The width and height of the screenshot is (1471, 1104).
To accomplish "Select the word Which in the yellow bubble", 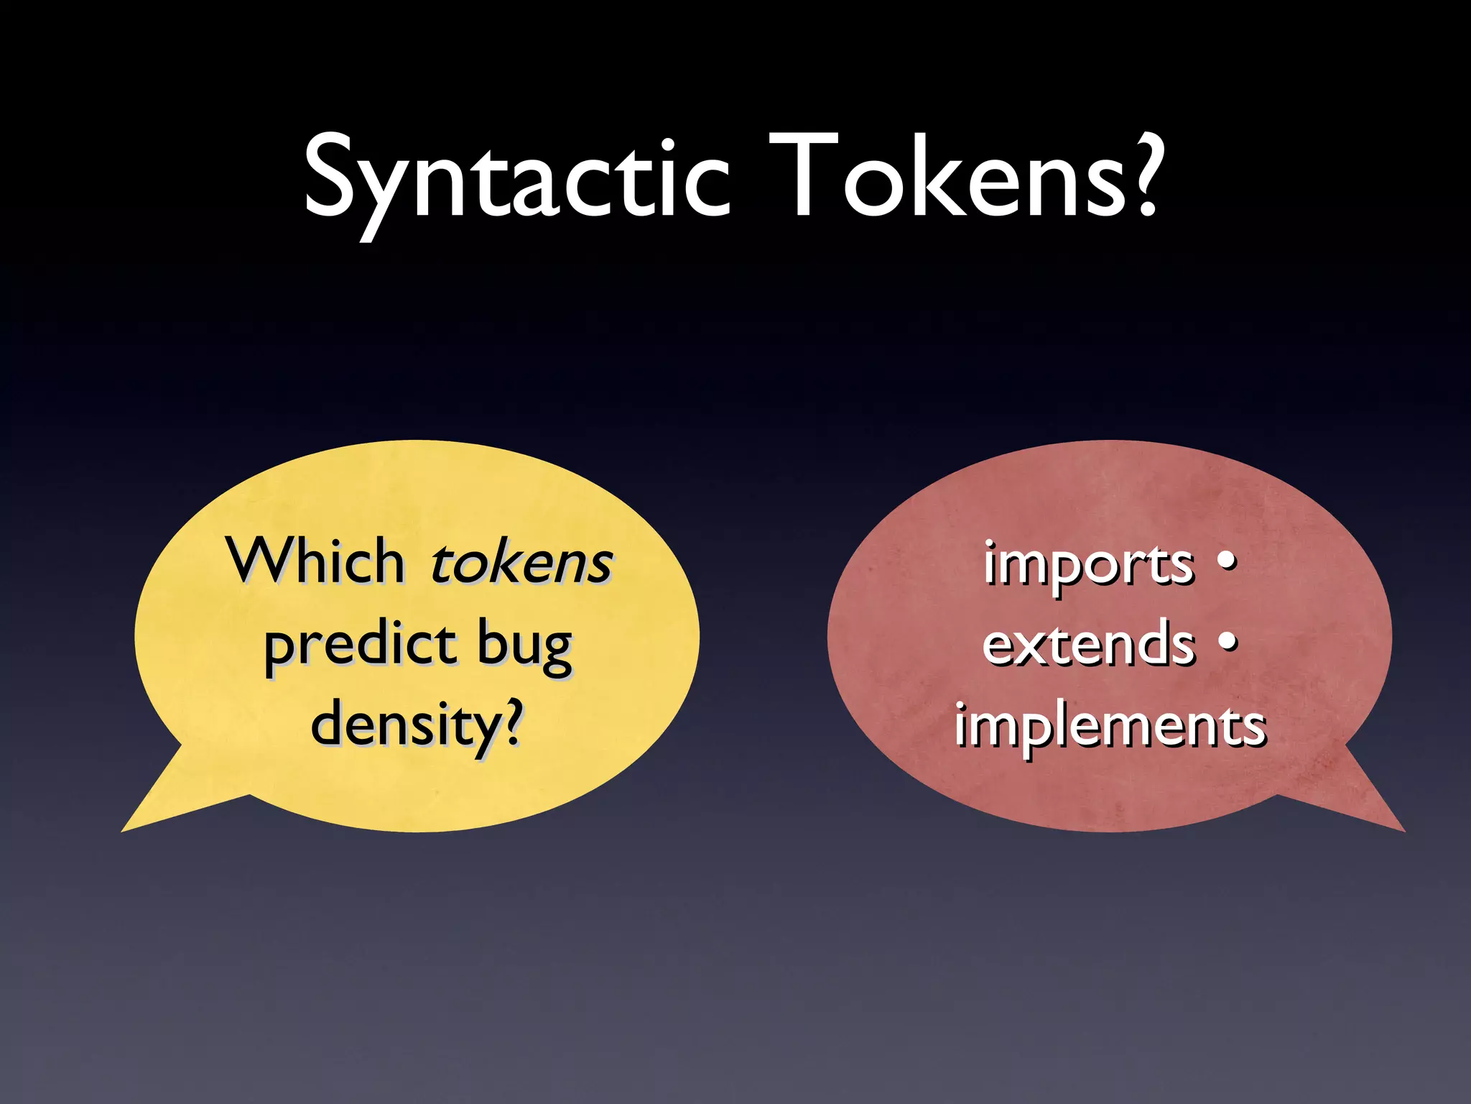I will tap(316, 561).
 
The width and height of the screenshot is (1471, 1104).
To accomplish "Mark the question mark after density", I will tap(511, 722).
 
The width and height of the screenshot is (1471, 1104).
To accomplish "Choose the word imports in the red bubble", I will tap(1088, 564).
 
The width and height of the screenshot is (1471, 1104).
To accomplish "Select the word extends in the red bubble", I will tap(1088, 643).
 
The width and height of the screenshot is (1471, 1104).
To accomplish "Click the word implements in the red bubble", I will tap(1110, 726).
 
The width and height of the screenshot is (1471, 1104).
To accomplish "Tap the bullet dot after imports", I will tap(1228, 559).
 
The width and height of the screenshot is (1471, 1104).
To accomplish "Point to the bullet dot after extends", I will tap(1228, 640).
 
